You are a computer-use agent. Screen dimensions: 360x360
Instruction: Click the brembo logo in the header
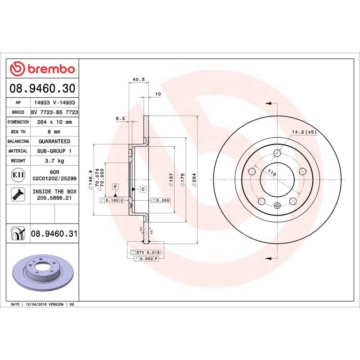tap(42, 69)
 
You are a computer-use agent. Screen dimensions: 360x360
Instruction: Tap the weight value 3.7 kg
tap(54, 161)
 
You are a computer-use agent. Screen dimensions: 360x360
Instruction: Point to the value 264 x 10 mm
tap(54, 122)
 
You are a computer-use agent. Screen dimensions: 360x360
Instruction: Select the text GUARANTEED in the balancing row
tap(54, 141)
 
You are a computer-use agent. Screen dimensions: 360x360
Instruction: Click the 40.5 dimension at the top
tap(139, 80)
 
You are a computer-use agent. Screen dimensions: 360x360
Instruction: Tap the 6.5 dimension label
tap(120, 118)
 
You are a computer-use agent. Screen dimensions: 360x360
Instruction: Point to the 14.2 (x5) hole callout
tap(305, 132)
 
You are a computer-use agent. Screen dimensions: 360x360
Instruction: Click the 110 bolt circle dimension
tap(272, 173)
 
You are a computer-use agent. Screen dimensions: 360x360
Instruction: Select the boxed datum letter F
tap(115, 186)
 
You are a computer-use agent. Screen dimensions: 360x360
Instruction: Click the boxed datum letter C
tap(143, 189)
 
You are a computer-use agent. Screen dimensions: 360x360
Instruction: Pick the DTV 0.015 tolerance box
tap(148, 252)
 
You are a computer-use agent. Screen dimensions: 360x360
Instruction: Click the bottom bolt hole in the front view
tap(277, 206)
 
